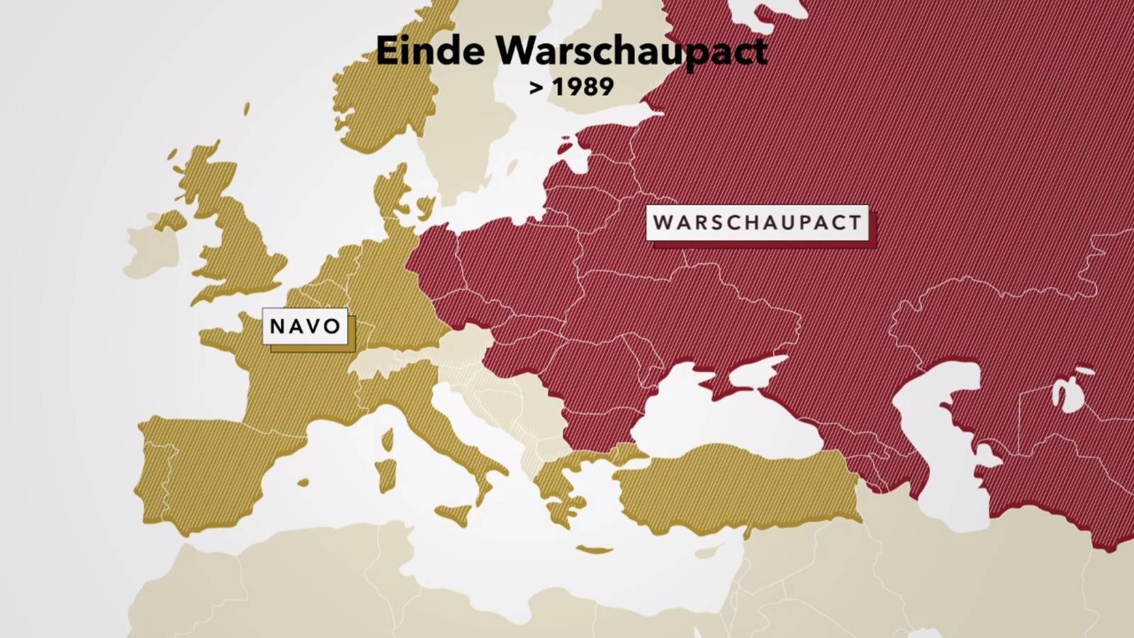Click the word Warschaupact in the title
[x=631, y=51]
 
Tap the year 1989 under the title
[x=583, y=87]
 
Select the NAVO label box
[x=305, y=326]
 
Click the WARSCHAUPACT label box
[x=757, y=223]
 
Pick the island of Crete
[x=594, y=549]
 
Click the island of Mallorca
[x=303, y=482]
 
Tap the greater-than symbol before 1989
[x=537, y=88]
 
